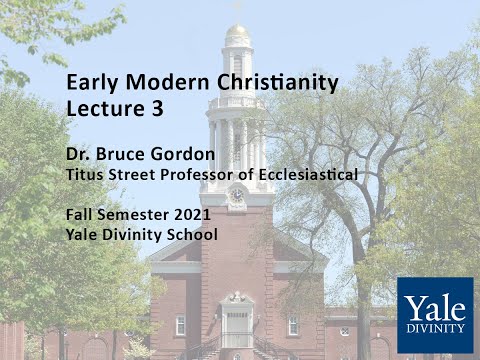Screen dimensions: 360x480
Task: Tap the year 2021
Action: pyautogui.click(x=192, y=215)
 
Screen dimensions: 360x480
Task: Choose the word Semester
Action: pyautogui.click(x=133, y=215)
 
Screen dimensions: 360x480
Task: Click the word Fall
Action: pyautogui.click(x=79, y=215)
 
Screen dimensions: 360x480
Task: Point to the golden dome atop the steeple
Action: pyautogui.click(x=237, y=34)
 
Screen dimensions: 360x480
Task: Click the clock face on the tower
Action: pyautogui.click(x=237, y=195)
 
